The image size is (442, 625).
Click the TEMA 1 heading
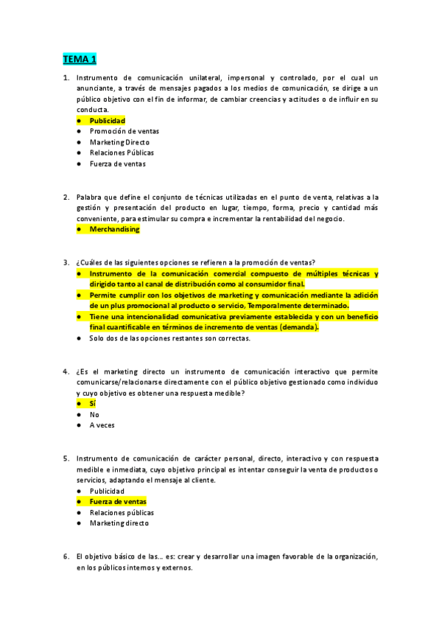[79, 59]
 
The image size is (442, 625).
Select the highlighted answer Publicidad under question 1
[107, 121]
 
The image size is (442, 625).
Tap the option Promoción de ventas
[124, 131]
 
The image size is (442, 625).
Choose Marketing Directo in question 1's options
[119, 142]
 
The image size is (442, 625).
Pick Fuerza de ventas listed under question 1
[118, 164]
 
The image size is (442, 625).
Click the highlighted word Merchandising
[114, 229]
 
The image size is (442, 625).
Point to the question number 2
[66, 197]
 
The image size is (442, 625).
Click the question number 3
[66, 262]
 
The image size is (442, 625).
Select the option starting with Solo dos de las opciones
[170, 338]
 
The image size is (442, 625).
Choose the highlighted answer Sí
[93, 404]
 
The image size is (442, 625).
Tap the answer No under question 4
[94, 414]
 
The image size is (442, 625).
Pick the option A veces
[102, 425]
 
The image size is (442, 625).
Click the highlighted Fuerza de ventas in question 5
[118, 502]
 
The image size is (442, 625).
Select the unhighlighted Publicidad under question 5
[107, 491]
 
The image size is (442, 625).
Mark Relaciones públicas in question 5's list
[122, 512]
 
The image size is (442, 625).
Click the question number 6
[66, 556]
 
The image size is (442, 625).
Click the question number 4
[66, 371]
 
